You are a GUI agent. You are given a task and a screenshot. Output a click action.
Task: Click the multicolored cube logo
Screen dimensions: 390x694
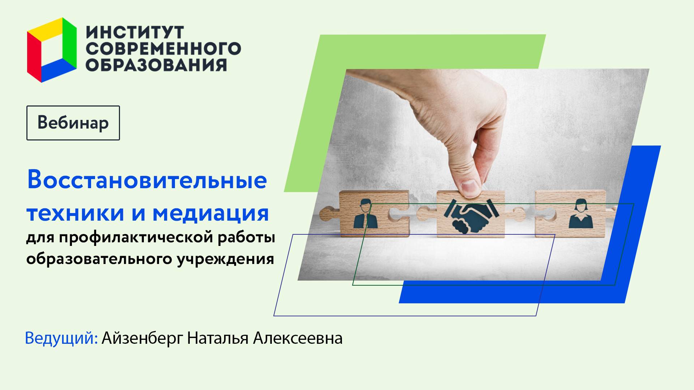click(52, 50)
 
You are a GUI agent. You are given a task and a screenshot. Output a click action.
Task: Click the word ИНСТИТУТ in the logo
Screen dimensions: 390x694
click(135, 32)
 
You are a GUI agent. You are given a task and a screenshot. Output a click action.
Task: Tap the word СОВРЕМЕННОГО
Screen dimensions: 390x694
click(163, 49)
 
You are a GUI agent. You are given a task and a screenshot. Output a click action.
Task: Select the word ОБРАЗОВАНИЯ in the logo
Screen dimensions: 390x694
click(156, 65)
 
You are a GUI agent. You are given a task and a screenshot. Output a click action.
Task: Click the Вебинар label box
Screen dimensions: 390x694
click(73, 123)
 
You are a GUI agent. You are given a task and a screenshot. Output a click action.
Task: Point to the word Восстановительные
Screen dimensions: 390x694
click(147, 179)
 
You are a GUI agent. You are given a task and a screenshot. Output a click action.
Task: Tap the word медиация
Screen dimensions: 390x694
click(211, 213)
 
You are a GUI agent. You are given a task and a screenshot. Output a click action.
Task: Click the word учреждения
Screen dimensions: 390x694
click(225, 259)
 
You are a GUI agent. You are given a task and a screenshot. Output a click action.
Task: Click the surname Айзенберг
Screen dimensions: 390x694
click(142, 338)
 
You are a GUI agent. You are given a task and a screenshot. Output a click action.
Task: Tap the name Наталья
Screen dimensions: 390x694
click(218, 338)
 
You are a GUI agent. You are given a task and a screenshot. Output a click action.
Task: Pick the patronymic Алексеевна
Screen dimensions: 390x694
click(297, 338)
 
